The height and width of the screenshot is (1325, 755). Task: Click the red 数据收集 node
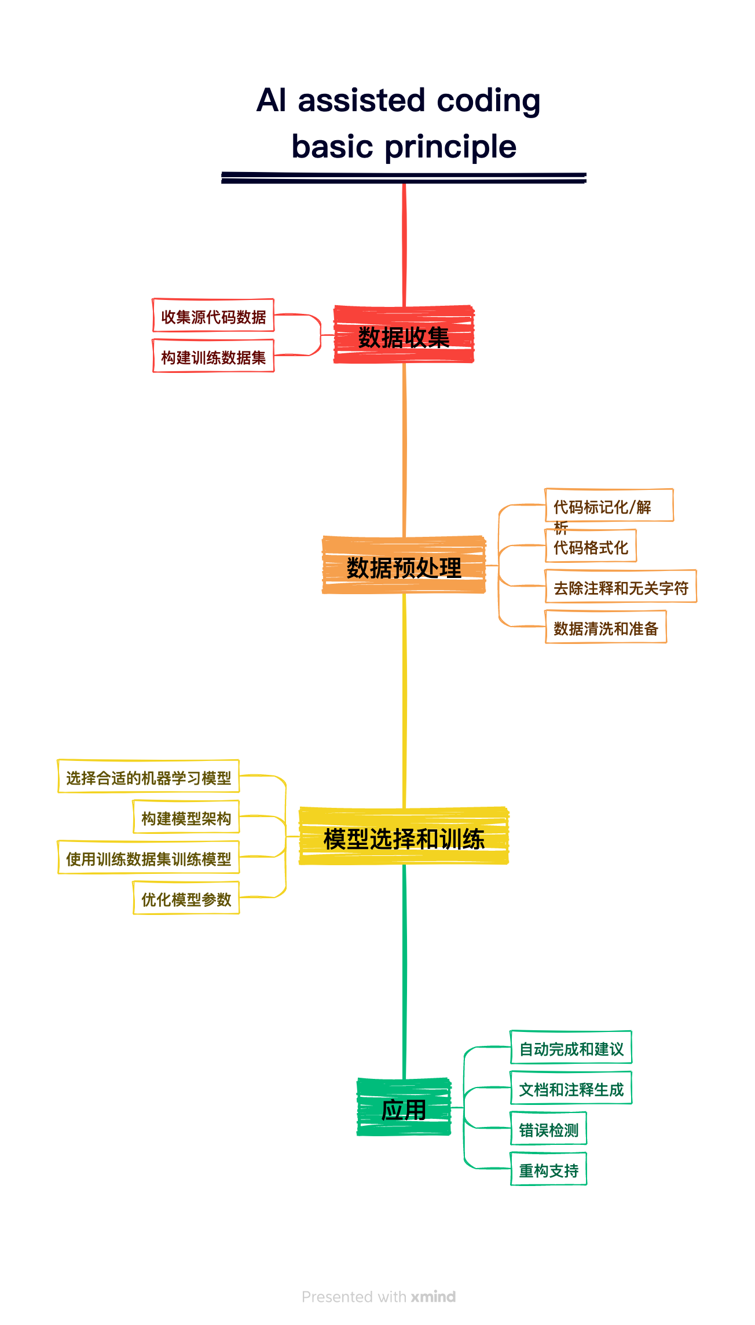click(x=404, y=335)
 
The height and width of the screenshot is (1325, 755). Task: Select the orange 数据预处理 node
click(x=404, y=566)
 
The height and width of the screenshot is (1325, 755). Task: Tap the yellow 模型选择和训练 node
click(x=404, y=837)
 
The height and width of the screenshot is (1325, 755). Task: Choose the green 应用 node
click(x=404, y=1108)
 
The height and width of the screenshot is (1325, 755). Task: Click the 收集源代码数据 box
click(x=213, y=316)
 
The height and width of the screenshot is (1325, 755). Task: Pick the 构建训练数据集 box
click(x=213, y=356)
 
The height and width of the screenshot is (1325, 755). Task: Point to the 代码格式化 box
click(x=591, y=546)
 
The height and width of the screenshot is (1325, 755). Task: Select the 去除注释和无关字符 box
click(x=621, y=587)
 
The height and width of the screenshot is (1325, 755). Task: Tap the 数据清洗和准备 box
click(x=606, y=627)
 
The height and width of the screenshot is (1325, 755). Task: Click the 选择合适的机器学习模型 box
click(x=148, y=777)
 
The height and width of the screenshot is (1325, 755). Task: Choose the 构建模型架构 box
click(x=186, y=817)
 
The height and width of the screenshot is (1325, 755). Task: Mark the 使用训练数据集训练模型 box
click(x=148, y=858)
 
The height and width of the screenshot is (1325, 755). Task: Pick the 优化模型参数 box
click(x=186, y=898)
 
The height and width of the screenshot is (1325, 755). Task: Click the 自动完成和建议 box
click(x=571, y=1048)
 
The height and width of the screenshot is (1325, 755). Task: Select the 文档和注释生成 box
click(x=571, y=1088)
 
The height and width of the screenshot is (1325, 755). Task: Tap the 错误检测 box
click(x=548, y=1129)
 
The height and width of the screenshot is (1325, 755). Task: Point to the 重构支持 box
click(x=548, y=1169)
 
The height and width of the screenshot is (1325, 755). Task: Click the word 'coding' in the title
click(x=488, y=101)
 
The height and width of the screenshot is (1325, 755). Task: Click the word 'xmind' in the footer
click(x=433, y=1297)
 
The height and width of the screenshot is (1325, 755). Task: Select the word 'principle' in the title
click(x=450, y=147)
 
